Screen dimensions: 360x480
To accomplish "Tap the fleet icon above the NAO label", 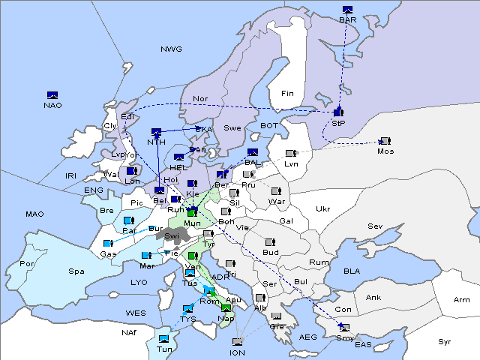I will click(52, 94).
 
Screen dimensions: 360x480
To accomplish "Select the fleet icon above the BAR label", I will click(348, 9).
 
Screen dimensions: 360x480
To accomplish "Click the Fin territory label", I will click(287, 94).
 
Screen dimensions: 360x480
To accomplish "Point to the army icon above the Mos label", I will click(385, 141).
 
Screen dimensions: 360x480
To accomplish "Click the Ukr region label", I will click(322, 209).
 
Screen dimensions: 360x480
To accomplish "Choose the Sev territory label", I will click(375, 226).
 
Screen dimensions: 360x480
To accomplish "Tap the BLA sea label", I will click(352, 270).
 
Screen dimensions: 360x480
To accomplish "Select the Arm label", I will click(462, 300).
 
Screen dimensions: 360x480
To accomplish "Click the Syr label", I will click(445, 340).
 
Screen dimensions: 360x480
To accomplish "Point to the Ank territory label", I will click(373, 297).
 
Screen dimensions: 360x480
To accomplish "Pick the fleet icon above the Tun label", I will click(164, 339).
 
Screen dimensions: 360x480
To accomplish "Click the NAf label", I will click(129, 331).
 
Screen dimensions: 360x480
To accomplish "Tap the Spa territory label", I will click(76, 271).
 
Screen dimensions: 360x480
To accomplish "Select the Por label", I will click(27, 264).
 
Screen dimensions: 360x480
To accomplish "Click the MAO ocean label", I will click(34, 214).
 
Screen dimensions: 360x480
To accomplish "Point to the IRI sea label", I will click(71, 175).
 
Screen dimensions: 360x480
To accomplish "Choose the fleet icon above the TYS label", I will click(187, 309).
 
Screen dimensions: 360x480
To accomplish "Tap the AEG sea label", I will click(308, 337).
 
